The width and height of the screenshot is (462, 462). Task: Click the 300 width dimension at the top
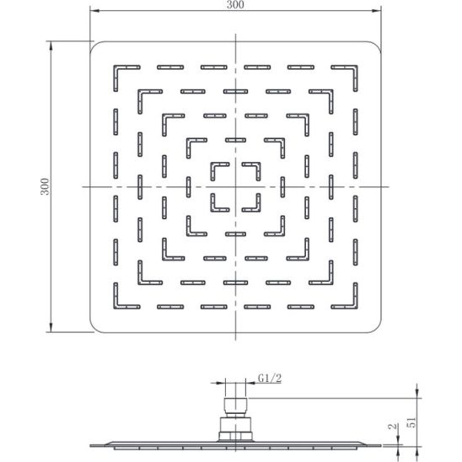pyautogui.click(x=235, y=5)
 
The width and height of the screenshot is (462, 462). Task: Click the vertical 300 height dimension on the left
pyautogui.click(x=45, y=186)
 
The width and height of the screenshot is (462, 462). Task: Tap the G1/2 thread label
pyautogui.click(x=270, y=378)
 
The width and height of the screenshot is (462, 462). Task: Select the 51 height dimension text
pyautogui.click(x=413, y=422)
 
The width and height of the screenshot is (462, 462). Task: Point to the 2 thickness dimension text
pyautogui.click(x=392, y=427)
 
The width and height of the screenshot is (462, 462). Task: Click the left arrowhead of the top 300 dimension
pyautogui.click(x=94, y=11)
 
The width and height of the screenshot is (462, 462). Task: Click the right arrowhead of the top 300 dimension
pyautogui.click(x=377, y=11)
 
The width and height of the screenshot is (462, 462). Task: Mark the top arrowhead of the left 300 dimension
pyautogui.click(x=51, y=46)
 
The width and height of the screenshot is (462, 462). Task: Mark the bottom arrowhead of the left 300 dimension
pyautogui.click(x=51, y=328)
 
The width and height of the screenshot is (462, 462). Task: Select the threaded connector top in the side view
pyautogui.click(x=235, y=406)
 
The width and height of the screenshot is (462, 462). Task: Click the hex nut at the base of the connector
pyautogui.click(x=235, y=436)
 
